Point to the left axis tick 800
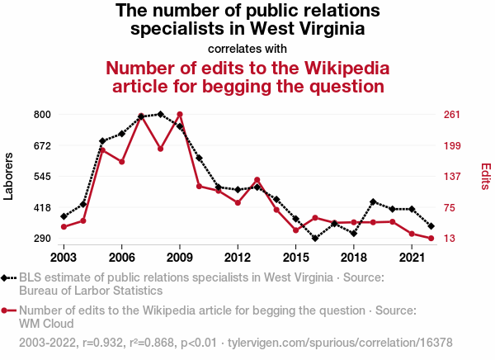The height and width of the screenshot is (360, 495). (42, 114)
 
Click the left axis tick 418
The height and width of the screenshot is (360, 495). (42, 207)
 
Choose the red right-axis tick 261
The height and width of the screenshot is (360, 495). (452, 114)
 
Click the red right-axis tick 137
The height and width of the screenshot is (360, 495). (452, 176)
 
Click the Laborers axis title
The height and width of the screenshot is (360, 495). (9, 176)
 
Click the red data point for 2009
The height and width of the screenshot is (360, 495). (180, 115)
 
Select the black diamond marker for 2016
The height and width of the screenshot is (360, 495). (315, 239)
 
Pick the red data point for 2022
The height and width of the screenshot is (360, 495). (431, 239)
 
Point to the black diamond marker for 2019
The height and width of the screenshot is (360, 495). (373, 201)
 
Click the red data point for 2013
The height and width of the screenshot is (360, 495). (257, 180)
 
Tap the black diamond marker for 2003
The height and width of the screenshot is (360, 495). (64, 216)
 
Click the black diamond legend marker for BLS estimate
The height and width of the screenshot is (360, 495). (7, 278)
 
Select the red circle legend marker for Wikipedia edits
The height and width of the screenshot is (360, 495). (7, 310)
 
